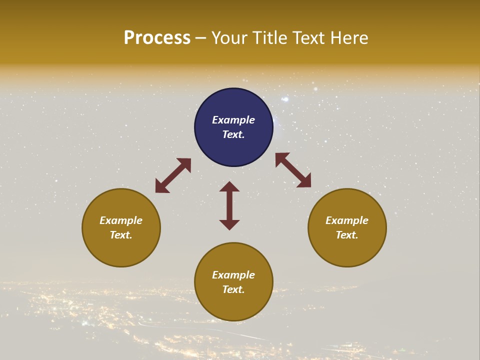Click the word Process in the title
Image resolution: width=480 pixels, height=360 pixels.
pos(157,38)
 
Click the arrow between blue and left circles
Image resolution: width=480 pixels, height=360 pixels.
pos(173,175)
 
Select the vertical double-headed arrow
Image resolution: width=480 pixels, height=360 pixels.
pos(229,205)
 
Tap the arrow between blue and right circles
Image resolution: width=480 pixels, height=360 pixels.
pos(293,170)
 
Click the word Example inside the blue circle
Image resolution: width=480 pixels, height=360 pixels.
pos(233,120)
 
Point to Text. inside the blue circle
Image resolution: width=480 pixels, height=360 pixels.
pos(233,134)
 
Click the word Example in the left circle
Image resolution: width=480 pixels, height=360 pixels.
pos(121,220)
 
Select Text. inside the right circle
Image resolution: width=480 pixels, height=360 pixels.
pos(347,235)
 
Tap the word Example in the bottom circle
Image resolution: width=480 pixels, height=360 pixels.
pos(233,275)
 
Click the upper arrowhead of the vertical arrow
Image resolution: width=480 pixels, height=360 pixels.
pos(229,186)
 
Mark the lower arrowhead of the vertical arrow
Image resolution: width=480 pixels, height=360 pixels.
pos(229,224)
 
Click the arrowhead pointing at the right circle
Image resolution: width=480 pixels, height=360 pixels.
pos(304,181)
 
